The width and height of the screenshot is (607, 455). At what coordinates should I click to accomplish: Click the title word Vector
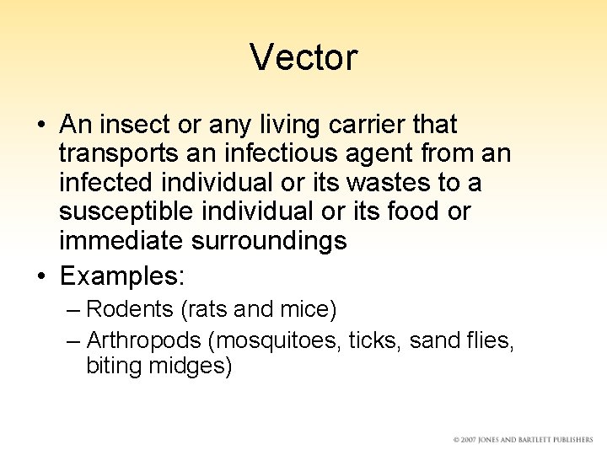303,57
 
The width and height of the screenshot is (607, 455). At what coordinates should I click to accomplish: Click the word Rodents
131,309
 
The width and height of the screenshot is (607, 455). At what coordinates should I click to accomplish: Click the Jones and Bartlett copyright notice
522,440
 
